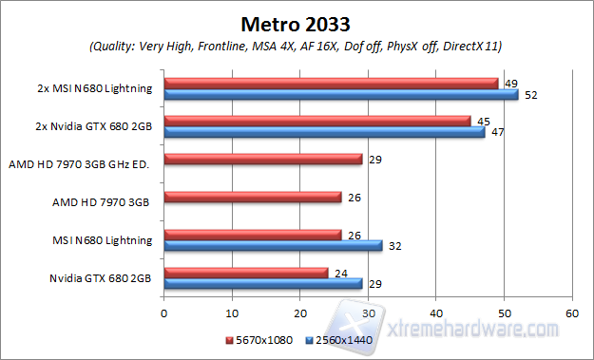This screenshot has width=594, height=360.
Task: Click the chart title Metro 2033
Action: tap(296, 22)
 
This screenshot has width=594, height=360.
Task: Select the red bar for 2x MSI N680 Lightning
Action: tap(331, 84)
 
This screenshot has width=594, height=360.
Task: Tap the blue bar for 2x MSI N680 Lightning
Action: tap(341, 95)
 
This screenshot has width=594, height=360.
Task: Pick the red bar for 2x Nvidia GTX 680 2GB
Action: tap(317, 121)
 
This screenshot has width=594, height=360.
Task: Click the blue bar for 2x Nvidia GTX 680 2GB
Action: tap(324, 132)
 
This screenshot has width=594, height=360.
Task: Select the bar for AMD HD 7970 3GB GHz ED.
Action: tap(263, 160)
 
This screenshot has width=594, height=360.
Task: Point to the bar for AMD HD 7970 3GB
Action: tap(253, 198)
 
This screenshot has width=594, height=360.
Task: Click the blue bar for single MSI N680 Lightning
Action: tap(273, 245)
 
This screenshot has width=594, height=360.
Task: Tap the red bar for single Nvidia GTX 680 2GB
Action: tap(246, 272)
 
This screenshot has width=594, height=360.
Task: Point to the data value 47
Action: tap(496, 133)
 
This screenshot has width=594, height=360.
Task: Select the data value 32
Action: tap(394, 246)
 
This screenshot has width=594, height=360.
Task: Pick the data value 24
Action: tap(340, 272)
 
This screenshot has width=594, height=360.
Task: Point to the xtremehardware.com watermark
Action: tap(475, 329)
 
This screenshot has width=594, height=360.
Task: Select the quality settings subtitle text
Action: tap(296, 46)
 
